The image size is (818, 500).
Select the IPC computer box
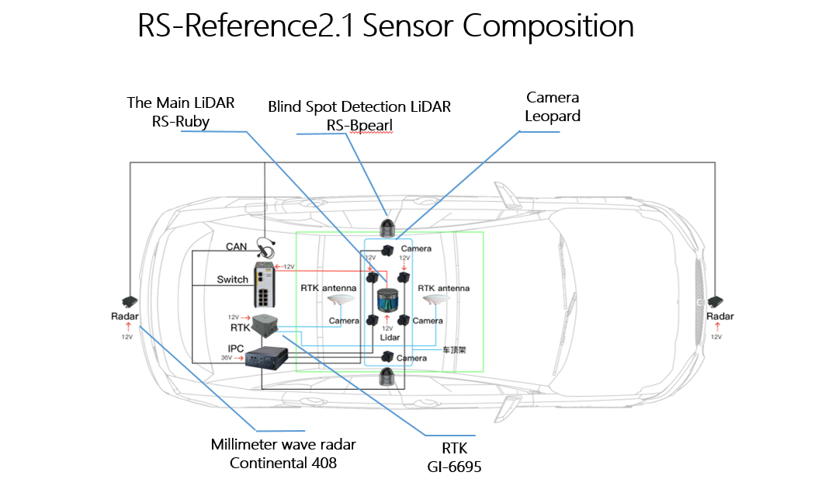[267, 358]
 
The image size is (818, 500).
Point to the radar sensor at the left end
[128, 300]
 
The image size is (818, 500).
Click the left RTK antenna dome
[341, 301]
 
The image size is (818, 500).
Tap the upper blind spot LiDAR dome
[387, 228]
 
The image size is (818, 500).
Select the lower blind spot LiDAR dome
[387, 377]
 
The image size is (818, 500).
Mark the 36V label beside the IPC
[227, 358]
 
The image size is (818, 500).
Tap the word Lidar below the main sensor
[390, 338]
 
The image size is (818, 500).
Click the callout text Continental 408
[283, 464]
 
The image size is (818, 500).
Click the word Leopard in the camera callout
[553, 116]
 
